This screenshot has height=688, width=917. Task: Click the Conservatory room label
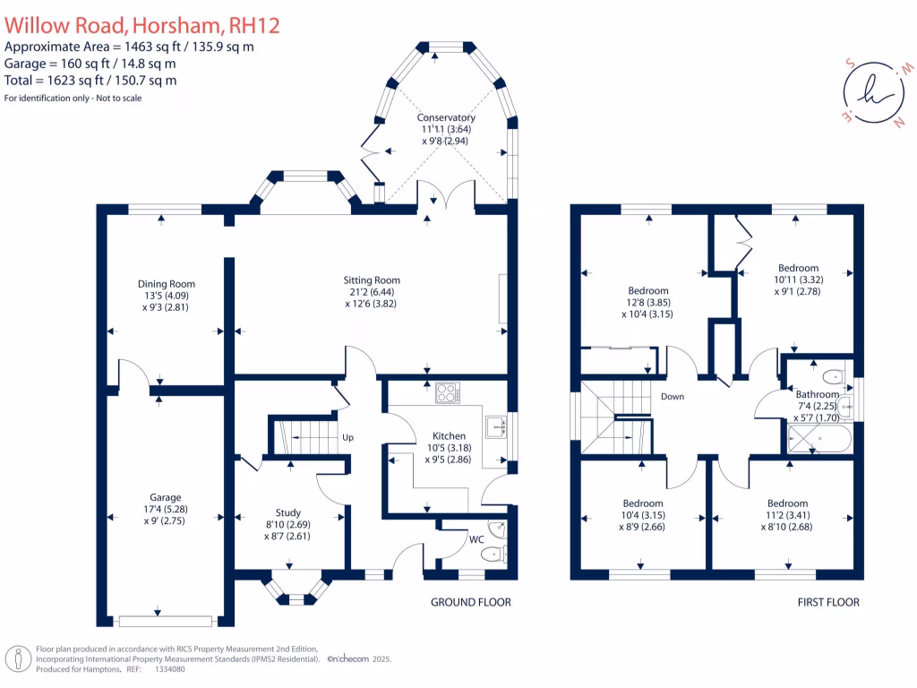coord(445,118)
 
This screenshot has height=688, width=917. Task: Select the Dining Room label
coord(166,285)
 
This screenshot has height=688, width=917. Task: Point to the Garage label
coord(166,497)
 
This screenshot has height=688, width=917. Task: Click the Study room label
coord(288,512)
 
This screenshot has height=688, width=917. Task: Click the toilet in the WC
coord(493,555)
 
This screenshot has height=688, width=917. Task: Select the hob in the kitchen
coord(447,392)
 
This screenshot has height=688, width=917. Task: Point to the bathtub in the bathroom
coord(819,439)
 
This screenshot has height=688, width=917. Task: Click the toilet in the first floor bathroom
coord(832,375)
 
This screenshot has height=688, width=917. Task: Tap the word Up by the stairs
coord(348,438)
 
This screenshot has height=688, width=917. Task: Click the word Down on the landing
coord(673,396)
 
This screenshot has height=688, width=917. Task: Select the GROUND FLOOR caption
coord(470,602)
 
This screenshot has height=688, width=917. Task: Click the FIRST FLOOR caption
coord(828,602)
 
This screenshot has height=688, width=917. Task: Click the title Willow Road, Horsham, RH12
coord(142,25)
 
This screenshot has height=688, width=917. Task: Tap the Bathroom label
coord(818,394)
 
